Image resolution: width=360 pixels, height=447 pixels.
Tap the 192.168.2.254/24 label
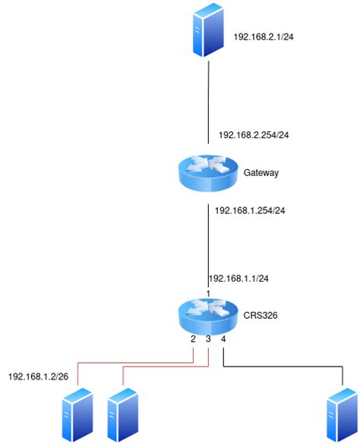[x=254, y=134]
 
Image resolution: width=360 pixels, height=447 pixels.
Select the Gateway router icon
[x=207, y=172]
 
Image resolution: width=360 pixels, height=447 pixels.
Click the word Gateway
[x=261, y=173]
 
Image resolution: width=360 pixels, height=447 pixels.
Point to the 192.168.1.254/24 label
[x=251, y=210]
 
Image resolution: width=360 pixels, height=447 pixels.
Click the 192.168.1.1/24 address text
[x=238, y=279]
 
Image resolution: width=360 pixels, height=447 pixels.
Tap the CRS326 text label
[x=259, y=314]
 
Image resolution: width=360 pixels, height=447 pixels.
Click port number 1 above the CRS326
[x=207, y=293]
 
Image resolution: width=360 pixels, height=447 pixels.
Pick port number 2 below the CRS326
[x=193, y=339]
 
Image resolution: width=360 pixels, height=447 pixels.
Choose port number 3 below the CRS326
[x=208, y=339]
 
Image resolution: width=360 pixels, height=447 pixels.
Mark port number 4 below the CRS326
[x=223, y=339]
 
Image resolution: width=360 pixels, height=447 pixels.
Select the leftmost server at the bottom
[x=77, y=414]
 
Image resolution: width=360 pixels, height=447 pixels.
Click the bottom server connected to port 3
[x=122, y=414]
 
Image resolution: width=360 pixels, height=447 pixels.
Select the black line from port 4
[x=289, y=369]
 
